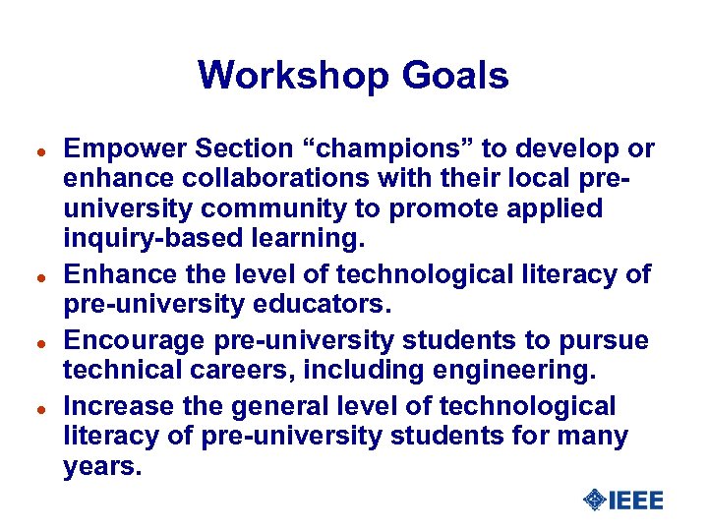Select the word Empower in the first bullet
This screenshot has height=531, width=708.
(125, 148)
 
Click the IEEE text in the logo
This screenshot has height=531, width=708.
(636, 501)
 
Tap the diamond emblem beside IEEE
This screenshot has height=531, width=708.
(595, 501)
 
